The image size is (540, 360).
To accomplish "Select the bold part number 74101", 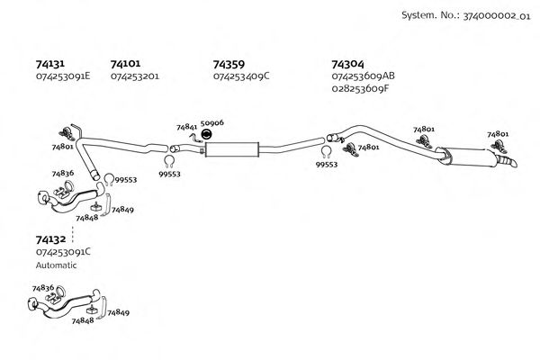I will click(x=125, y=64).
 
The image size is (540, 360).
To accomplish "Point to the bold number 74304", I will click(x=347, y=64).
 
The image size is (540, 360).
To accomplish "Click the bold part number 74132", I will click(x=49, y=239).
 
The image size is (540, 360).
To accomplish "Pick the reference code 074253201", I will click(x=135, y=76).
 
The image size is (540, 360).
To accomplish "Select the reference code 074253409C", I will click(x=242, y=76).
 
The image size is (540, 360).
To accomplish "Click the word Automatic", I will click(x=57, y=265).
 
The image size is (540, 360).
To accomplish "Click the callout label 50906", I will click(x=212, y=121).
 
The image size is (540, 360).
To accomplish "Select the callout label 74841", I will click(x=186, y=128).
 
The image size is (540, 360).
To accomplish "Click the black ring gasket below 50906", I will click(x=206, y=135).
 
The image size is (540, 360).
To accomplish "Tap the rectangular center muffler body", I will click(x=231, y=148).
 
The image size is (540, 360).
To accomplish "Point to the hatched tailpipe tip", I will click(x=512, y=163).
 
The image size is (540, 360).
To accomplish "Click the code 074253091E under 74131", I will click(x=63, y=76).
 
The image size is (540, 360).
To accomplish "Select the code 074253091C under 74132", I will click(x=63, y=252).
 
